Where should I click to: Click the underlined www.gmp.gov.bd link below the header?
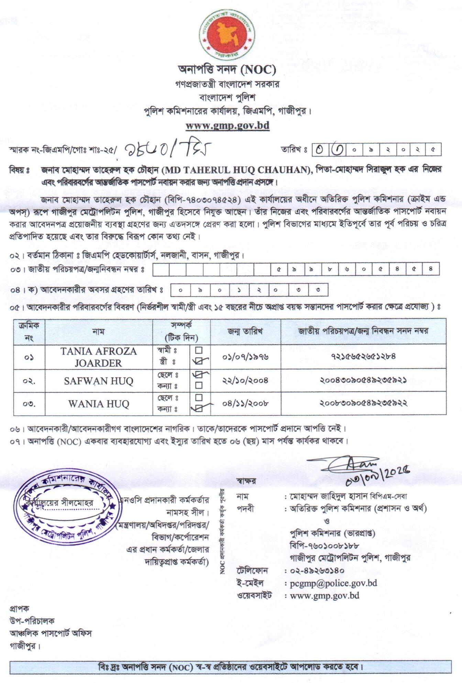227,125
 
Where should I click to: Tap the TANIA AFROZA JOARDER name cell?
99,357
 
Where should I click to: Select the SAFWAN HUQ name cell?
99,381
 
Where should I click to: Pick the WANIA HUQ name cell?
99,403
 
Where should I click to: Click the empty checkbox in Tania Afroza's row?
199,350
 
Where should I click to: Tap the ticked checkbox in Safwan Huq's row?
199,375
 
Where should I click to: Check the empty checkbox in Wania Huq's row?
199,398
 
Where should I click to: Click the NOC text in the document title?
258,70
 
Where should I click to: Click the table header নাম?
98,331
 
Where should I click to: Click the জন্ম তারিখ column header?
245,331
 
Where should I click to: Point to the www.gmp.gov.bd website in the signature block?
325,595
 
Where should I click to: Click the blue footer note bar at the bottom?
230,667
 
